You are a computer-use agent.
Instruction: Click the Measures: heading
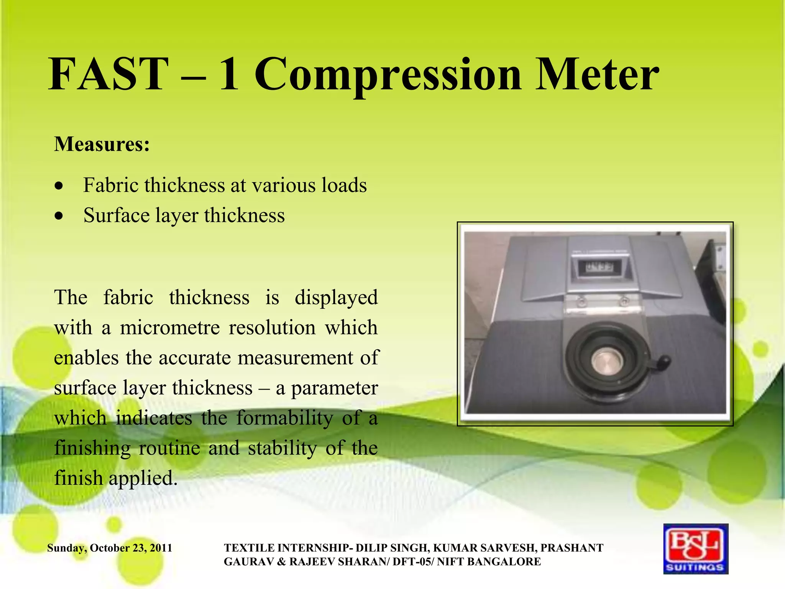coord(102,144)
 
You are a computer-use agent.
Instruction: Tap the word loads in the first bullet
coord(344,185)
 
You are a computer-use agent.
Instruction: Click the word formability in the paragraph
coord(284,418)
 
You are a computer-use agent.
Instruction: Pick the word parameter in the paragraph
coord(334,388)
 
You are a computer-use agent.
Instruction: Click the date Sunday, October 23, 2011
coord(110,548)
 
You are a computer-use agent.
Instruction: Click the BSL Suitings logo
coord(696,549)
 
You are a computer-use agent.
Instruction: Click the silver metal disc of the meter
coord(608,360)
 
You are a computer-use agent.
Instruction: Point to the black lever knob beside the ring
coord(664,361)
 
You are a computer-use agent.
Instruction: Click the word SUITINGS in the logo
coord(695,567)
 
